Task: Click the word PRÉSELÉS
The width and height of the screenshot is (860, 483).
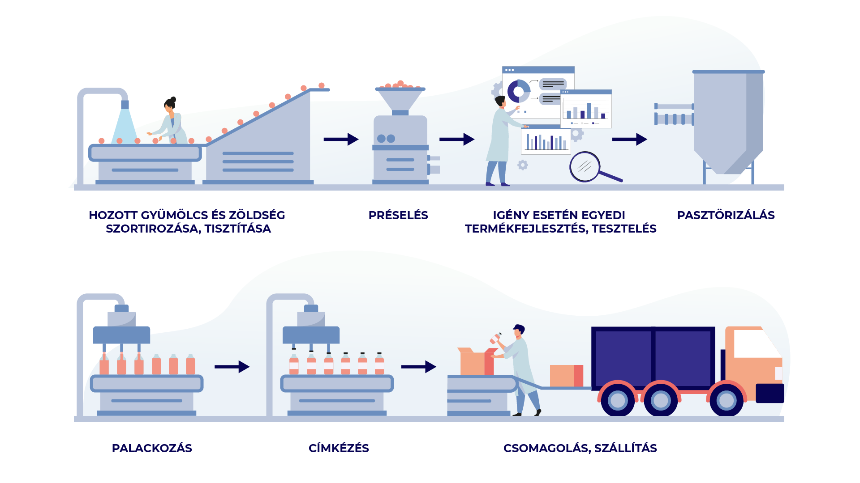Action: coord(398,215)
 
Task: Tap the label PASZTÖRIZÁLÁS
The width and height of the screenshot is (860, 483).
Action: coord(726,215)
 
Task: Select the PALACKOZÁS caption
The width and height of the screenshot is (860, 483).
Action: coord(152,448)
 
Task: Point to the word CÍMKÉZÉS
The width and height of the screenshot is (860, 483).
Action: coord(339,448)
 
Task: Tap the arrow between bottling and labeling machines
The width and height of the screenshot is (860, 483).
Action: coord(232,367)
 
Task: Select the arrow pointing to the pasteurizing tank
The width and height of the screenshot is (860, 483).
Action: coord(629,140)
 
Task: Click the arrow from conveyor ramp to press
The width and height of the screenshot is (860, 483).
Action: coord(341,140)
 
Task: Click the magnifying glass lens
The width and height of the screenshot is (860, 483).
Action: coord(585,167)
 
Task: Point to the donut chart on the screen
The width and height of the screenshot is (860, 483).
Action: coord(518,91)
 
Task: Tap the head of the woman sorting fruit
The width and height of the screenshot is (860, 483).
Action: coord(170,105)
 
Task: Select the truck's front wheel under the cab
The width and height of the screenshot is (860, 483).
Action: coord(726,400)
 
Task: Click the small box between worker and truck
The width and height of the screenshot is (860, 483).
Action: coord(566,376)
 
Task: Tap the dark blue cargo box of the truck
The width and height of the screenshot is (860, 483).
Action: coord(653,358)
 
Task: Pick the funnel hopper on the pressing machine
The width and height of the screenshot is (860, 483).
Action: coord(400,99)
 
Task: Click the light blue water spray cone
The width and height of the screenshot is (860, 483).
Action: coord(125,126)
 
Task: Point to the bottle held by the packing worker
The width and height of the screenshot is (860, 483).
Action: coord(495,339)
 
